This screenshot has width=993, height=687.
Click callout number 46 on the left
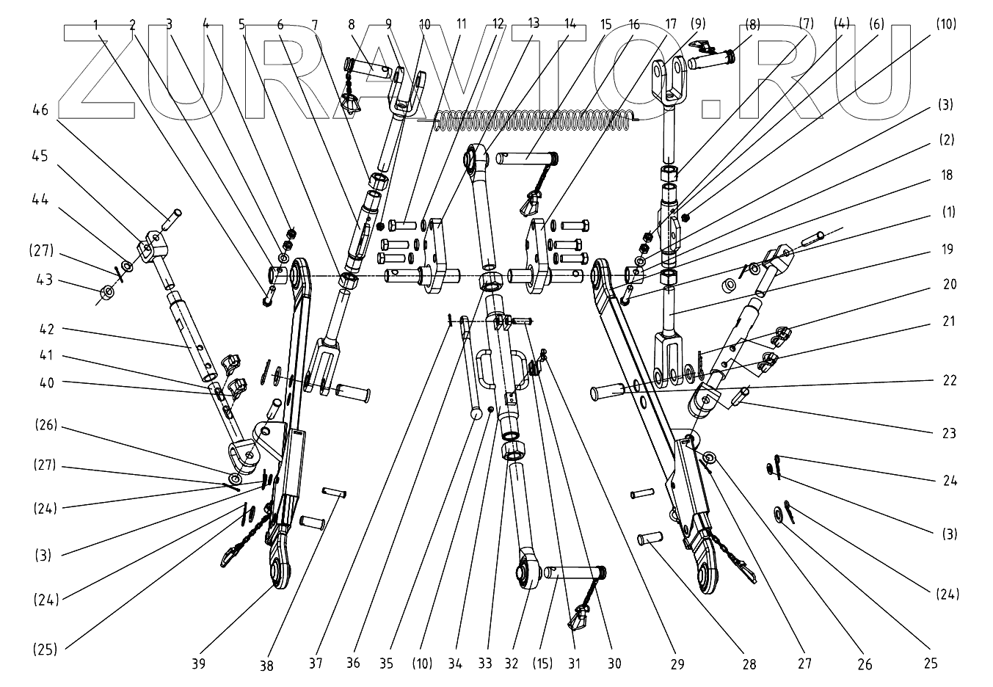pos(41,110)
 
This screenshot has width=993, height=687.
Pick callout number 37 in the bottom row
pos(315,664)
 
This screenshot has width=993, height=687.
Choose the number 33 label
pos(487,664)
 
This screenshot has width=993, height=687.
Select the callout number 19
pos(947,250)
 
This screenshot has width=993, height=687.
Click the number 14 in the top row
pos(571,22)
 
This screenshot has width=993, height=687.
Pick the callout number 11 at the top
pos(461,23)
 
